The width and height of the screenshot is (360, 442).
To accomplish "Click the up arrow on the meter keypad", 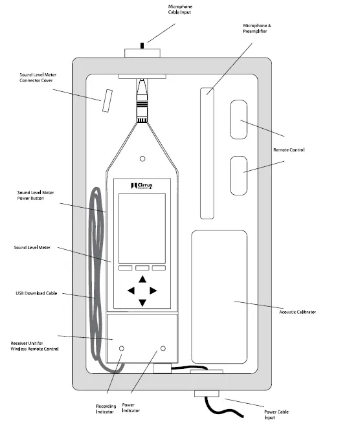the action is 142,280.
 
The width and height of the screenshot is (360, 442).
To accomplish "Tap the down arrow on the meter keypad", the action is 142,303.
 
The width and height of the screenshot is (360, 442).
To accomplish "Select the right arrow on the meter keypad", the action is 153,291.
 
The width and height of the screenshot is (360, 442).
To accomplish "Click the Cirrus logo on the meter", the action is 142,186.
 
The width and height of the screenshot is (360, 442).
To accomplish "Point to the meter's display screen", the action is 142,228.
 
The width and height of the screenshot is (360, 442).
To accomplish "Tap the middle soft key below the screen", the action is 142,268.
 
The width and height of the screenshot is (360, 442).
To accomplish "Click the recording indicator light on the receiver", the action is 122,348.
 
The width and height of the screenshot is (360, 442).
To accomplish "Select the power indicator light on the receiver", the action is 163,348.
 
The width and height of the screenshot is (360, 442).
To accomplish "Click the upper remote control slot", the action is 239,120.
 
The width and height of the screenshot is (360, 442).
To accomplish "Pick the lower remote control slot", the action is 239,175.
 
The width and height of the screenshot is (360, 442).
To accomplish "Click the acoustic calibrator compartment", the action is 219,297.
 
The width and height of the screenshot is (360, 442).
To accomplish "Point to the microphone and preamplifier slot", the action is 207,153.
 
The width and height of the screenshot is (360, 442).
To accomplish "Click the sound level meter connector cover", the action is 107,101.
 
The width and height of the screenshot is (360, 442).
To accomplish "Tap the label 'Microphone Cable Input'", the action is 180,9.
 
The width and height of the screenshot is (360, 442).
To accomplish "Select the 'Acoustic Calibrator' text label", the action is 297,312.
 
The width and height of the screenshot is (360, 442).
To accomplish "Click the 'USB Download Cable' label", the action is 36,293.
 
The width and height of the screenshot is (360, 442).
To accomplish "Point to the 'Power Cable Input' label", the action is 276,415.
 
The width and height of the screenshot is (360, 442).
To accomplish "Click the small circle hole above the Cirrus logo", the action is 142,159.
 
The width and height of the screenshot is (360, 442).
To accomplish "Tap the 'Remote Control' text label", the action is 289,149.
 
